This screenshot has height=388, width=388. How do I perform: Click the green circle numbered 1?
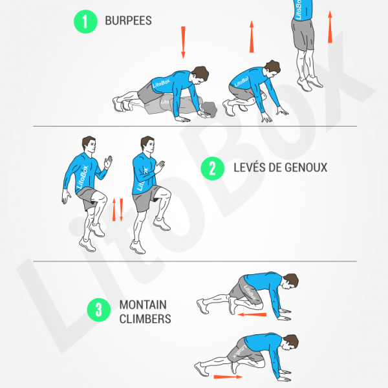click(85, 21)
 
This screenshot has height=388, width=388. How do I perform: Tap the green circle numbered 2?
click(212, 168)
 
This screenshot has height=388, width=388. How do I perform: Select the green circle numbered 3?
click(99, 310)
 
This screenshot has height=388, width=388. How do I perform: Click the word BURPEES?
click(128, 21)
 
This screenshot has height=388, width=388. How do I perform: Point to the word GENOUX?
click(306, 167)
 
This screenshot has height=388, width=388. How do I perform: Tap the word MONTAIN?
click(143, 305)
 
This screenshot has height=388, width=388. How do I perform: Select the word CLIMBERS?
click(145, 319)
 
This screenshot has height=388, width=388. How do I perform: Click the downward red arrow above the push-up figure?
click(183, 42)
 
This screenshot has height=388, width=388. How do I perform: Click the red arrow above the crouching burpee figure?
click(252, 37)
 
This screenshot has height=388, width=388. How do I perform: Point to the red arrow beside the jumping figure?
click(330, 27)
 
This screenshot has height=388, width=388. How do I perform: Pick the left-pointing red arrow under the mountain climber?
click(252, 314)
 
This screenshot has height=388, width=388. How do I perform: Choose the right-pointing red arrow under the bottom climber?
click(228, 377)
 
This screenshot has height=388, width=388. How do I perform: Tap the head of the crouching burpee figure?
click(272, 68)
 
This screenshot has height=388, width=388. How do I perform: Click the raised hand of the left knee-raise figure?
click(108, 162)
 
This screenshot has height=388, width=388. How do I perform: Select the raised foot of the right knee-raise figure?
click(162, 224)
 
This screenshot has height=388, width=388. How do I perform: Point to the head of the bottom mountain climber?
click(290, 343)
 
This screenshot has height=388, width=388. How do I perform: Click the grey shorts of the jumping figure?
click(303, 34)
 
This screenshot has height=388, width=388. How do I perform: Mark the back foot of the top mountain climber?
click(202, 307)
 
